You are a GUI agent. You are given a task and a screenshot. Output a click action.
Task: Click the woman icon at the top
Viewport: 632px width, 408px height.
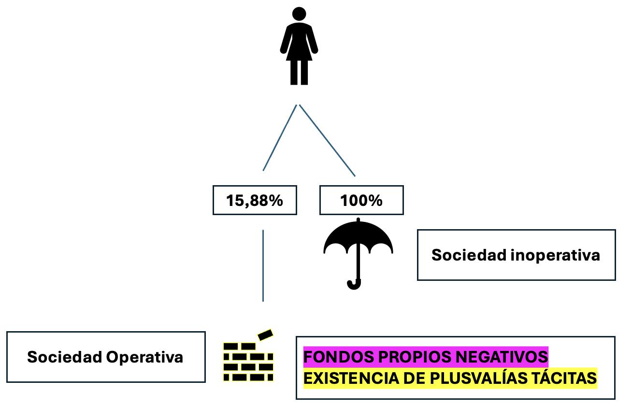[299, 48]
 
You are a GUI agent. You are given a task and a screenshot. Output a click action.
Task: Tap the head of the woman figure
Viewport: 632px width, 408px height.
[299, 15]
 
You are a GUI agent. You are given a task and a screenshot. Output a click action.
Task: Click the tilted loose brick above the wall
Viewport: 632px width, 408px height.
[266, 335]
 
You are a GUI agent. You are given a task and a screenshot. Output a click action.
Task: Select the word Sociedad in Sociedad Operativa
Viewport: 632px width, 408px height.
[64, 357]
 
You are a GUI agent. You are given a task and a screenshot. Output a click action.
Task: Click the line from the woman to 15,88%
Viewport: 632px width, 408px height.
[279, 138]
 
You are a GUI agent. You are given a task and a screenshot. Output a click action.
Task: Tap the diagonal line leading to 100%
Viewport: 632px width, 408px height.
[328, 140]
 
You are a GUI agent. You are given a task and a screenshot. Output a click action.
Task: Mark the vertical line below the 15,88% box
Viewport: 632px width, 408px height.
[263, 266]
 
